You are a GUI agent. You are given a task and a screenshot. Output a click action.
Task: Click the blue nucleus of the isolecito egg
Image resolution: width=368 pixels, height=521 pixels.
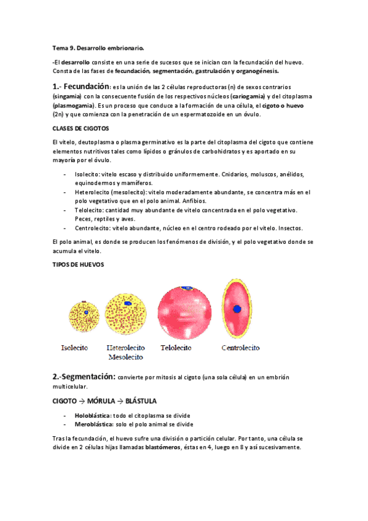[x=87, y=313]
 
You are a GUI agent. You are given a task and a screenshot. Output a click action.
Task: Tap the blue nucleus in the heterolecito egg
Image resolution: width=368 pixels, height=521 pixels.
[x=127, y=304]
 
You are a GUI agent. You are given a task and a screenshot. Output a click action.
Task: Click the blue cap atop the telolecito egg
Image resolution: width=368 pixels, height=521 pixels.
[x=184, y=288]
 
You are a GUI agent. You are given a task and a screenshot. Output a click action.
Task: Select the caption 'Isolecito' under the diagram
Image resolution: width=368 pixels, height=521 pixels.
[x=74, y=347]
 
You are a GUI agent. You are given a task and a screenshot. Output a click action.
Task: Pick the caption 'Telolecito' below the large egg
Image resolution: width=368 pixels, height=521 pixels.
[x=176, y=347]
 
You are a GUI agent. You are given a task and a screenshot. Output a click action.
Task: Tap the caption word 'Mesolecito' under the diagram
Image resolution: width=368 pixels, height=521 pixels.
[x=126, y=356]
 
